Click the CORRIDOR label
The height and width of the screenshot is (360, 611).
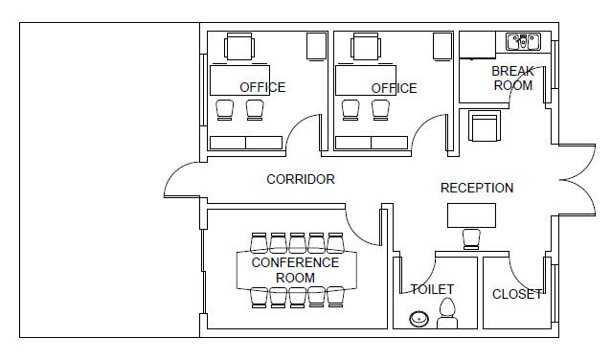pos(301,179)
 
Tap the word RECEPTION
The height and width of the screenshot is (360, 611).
pos(477,188)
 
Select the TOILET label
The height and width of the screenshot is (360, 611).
pos(432,289)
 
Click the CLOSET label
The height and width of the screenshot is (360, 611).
pos(517,294)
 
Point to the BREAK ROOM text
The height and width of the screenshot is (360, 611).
pos(512,79)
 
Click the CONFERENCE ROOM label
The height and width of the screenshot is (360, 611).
pos(295,270)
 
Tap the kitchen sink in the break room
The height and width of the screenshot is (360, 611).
pos(523,42)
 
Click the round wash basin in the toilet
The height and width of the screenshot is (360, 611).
pos(419,320)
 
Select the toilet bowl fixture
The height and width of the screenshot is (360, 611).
pos(447,314)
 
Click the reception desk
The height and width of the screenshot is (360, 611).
pos(471,215)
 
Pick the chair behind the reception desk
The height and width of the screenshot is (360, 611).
pos(471,239)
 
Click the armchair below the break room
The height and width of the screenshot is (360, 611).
pos(485,125)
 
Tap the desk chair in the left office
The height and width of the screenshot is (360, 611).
pos(239,47)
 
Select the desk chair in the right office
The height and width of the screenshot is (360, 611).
pos(366,47)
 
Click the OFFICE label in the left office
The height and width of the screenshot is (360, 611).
pos(262,87)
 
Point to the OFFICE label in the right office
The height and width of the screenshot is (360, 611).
pos(394,88)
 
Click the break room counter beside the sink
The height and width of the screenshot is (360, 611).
pos(477,44)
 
